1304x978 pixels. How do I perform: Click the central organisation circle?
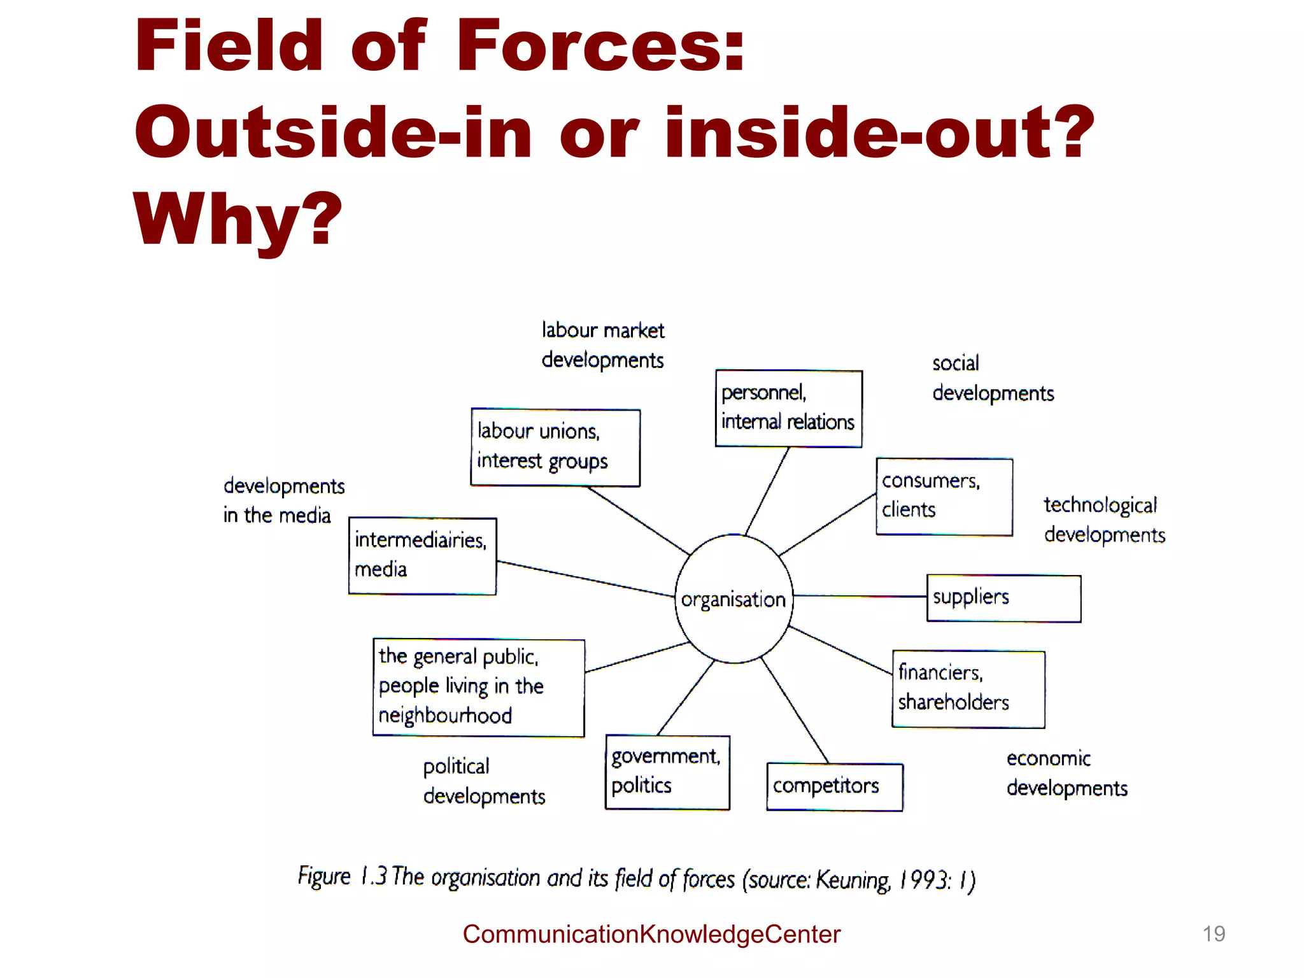[733, 599]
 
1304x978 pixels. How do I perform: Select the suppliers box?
[1003, 598]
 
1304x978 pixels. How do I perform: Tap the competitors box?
[834, 786]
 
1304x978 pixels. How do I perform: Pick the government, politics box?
[667, 772]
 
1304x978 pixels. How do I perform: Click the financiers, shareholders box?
[968, 688]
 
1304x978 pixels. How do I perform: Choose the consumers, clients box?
[944, 496]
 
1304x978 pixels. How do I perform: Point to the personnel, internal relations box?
[788, 408]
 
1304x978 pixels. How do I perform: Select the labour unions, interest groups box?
[555, 447]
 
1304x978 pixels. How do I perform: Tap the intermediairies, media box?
[422, 556]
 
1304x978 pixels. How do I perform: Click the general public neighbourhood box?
[478, 687]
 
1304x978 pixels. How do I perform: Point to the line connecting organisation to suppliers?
[860, 597]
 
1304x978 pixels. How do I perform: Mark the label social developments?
[993, 378]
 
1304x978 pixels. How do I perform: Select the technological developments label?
[1104, 520]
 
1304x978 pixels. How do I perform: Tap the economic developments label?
[1067, 773]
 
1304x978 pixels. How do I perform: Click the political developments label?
[484, 781]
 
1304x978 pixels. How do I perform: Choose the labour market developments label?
[602, 345]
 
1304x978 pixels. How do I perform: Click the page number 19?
[1214, 933]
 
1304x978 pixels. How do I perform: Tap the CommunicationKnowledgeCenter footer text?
[651, 934]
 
